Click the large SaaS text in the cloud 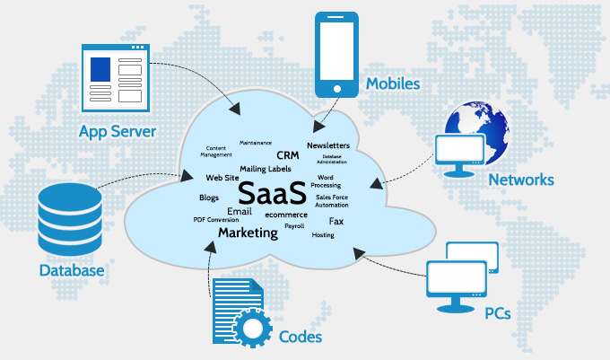272,193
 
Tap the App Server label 118,132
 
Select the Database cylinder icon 70,219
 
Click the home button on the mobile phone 337,89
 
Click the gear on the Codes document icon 252,328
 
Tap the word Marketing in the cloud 248,233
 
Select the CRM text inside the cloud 288,155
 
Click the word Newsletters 328,145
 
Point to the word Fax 336,222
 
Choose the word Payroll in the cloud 294,226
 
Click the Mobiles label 393,83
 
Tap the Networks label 521,180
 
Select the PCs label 498,313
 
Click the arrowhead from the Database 187,176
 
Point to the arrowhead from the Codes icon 211,247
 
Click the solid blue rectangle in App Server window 100,70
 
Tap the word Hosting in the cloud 323,235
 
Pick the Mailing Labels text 266,169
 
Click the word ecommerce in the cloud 286,215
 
